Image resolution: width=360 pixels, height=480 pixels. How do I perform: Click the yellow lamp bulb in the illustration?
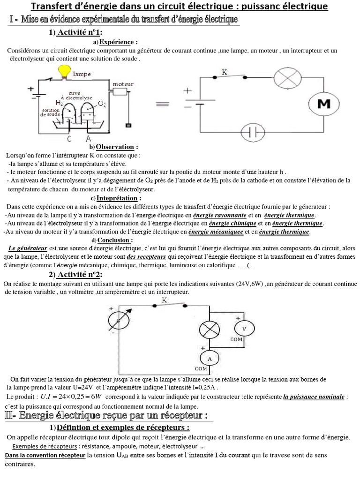(62, 71)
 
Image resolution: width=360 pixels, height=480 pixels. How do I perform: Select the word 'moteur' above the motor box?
(123, 84)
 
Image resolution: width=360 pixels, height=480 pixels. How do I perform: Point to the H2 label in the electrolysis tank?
(59, 103)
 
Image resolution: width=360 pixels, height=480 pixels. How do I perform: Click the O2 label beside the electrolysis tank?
(102, 103)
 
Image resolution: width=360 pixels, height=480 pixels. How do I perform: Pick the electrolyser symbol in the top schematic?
(254, 132)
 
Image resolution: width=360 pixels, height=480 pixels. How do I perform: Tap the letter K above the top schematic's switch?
(225, 72)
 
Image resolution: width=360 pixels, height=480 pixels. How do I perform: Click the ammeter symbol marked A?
(209, 359)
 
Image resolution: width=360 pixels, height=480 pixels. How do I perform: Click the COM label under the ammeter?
(201, 368)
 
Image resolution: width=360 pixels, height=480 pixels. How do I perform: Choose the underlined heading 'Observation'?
(117, 147)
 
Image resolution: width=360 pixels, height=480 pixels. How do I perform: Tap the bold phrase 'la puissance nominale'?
(314, 397)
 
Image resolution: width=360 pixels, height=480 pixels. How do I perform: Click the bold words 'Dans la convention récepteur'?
(45, 456)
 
